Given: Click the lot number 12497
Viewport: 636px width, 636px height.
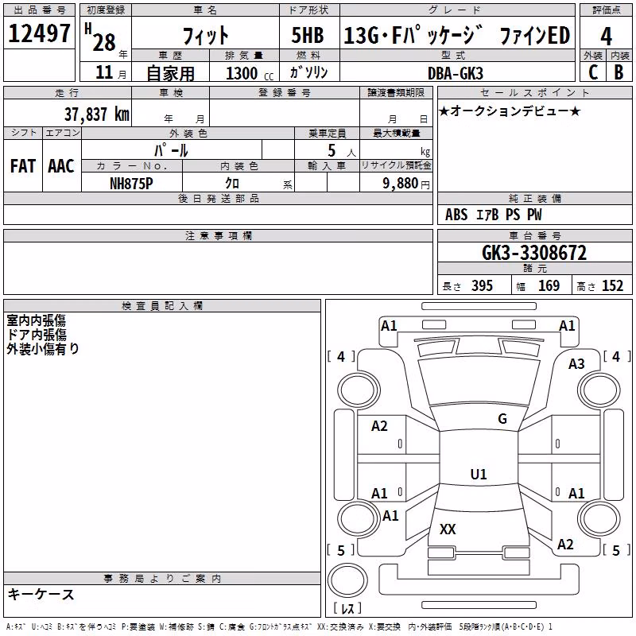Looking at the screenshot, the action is click(x=39, y=33).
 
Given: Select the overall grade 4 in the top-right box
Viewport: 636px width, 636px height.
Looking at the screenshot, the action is click(x=606, y=37).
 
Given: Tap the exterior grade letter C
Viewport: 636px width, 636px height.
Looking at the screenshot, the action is click(x=593, y=72).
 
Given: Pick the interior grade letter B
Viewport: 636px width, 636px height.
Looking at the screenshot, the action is click(x=619, y=72).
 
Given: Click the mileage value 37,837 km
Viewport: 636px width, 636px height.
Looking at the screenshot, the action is click(x=96, y=114).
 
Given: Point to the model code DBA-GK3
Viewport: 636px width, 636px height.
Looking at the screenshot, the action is click(x=455, y=73).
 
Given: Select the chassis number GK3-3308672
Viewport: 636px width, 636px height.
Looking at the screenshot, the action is click(x=534, y=253).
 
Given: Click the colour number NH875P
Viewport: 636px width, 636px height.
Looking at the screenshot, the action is click(x=131, y=184).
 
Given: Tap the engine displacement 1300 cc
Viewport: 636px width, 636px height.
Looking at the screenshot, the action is click(x=250, y=74).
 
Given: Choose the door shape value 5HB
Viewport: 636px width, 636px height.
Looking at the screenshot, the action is click(x=308, y=35).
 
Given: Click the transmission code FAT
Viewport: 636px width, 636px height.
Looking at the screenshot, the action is click(x=23, y=166).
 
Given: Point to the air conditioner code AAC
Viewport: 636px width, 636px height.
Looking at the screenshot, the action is click(x=61, y=166).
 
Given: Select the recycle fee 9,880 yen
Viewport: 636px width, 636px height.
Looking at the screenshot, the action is click(x=406, y=184).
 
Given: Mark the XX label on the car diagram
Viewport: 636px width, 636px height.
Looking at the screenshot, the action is click(x=448, y=529).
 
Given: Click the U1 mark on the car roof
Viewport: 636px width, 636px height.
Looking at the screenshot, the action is click(x=479, y=474).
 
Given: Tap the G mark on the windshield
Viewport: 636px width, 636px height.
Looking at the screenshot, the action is click(x=502, y=419).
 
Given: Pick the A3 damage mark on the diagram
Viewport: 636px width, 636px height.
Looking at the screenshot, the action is click(x=576, y=364).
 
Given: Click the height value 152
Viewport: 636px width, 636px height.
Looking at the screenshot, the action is click(x=612, y=285).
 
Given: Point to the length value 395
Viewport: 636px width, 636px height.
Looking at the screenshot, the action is click(x=482, y=285).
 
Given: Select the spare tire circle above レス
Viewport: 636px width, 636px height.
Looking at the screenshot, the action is click(x=347, y=580).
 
